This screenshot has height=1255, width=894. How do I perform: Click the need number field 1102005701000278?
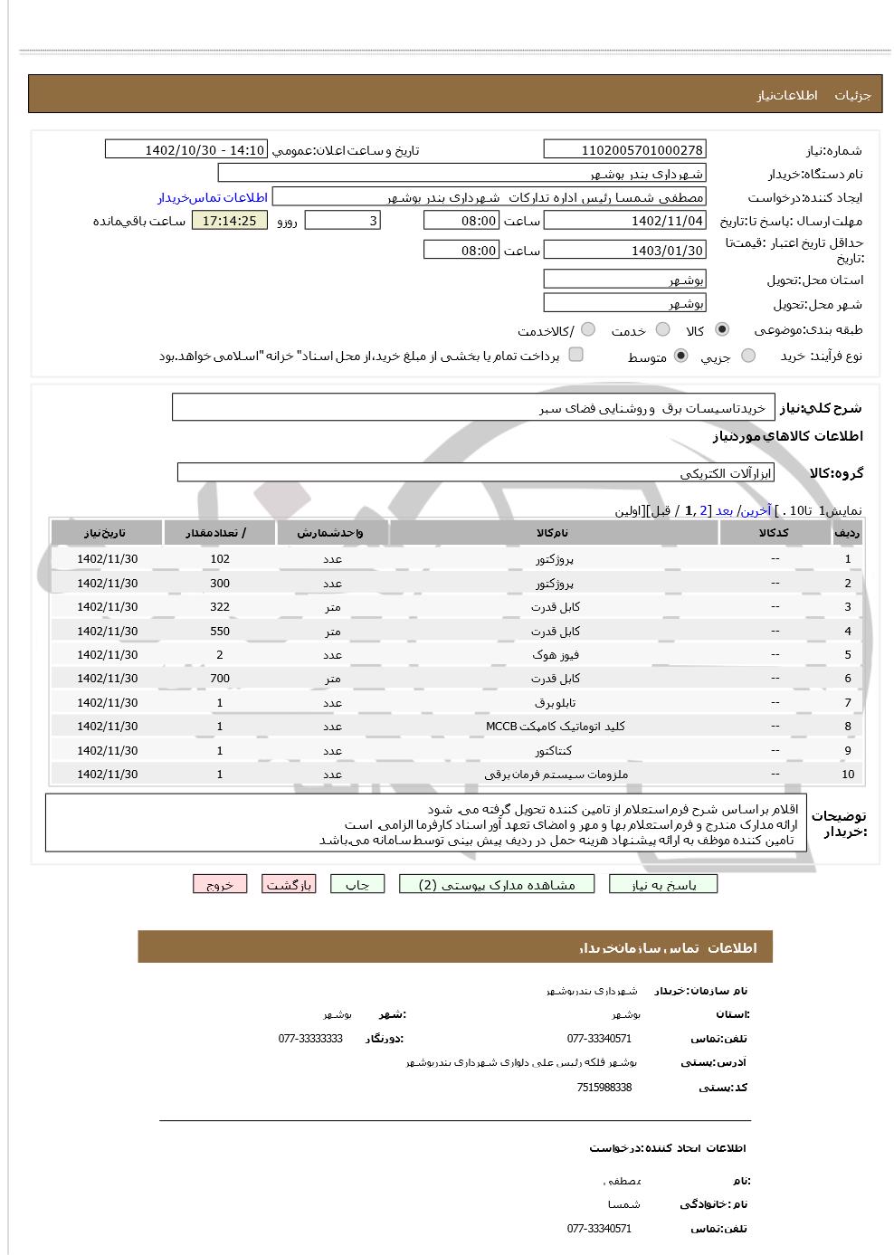pos(624,150)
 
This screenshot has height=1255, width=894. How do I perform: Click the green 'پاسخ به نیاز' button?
pos(663,884)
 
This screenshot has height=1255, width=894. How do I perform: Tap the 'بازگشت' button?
pos(289,884)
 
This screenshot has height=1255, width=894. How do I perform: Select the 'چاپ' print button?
pos(357,884)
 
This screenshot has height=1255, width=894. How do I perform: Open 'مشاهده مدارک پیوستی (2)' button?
pos(497,884)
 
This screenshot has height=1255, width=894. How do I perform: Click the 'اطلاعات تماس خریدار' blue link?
pos(213,197)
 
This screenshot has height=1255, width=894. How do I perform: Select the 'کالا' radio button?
pos(721,329)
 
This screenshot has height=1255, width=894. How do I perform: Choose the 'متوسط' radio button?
pos(680,356)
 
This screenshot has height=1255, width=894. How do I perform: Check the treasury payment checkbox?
pos(575,355)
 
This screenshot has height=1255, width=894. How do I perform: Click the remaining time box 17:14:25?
pos(230,221)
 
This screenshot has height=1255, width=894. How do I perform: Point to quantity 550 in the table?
pos(220,631)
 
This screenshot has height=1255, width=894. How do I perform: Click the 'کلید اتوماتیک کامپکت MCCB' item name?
pos(555,727)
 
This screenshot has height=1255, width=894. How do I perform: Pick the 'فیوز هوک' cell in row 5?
pos(555,654)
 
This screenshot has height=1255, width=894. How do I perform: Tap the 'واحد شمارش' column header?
pos(331,533)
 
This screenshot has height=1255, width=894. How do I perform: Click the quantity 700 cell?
pos(220,679)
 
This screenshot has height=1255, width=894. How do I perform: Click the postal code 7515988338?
pos(604,1088)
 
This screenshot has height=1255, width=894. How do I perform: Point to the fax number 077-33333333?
pos(310,1039)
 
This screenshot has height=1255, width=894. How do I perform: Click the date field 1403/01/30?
pos(624,251)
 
